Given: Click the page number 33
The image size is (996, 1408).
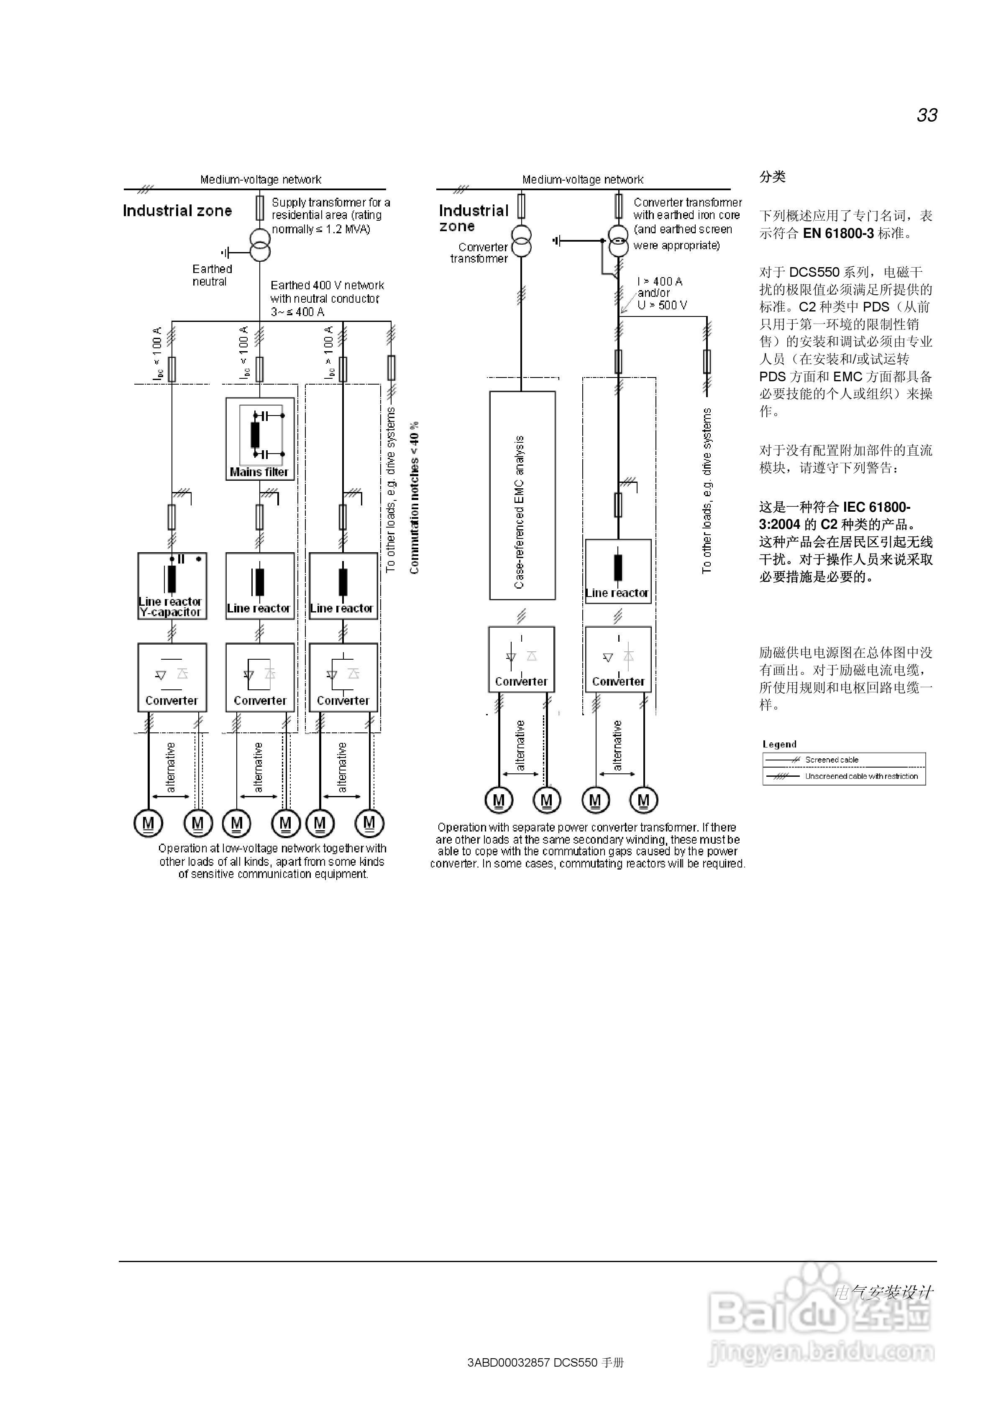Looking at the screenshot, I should click(926, 115).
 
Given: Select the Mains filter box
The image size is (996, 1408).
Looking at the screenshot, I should click(260, 439).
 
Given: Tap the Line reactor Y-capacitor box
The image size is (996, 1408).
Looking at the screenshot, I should click(172, 586).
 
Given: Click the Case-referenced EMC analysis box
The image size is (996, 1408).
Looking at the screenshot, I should click(522, 495).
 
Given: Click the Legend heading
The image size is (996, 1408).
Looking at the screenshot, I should click(779, 744).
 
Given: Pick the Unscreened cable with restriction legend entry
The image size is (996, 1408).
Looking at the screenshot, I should click(860, 776).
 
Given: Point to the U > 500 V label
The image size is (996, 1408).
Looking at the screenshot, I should click(662, 305).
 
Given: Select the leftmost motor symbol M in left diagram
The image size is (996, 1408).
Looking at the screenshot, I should click(148, 823).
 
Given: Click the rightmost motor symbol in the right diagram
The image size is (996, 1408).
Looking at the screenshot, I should click(643, 800).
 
